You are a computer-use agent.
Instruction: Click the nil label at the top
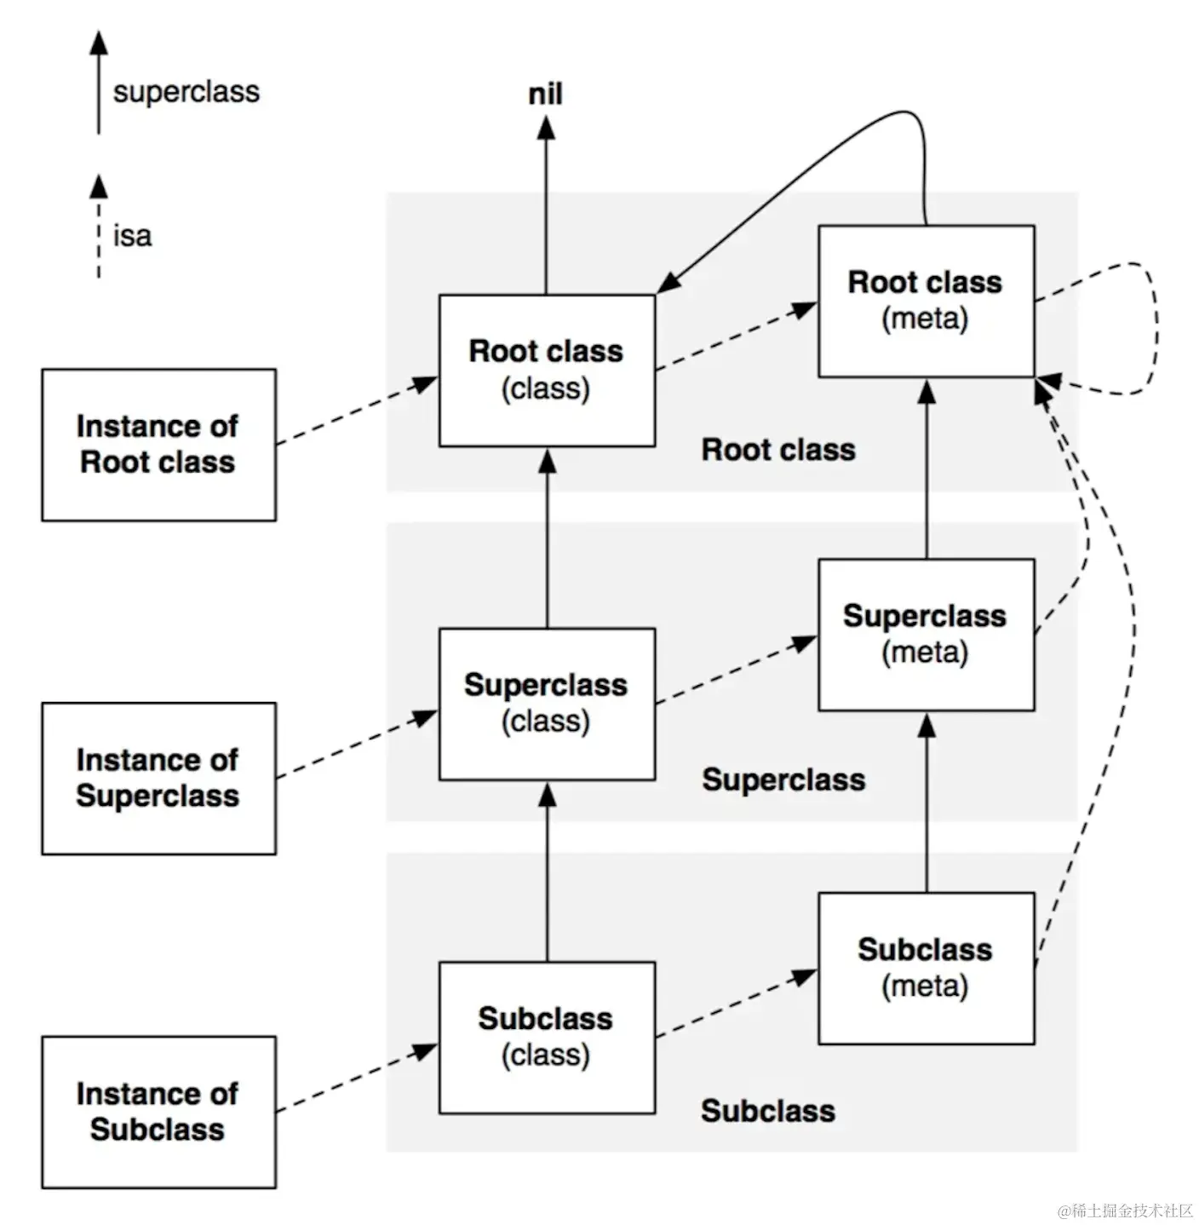(545, 94)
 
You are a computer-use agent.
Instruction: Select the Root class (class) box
(547, 370)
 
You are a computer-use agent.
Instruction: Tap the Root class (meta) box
(926, 301)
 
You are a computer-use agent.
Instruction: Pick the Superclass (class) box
(547, 704)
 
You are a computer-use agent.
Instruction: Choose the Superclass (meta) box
(926, 635)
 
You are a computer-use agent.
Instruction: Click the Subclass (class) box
(547, 1038)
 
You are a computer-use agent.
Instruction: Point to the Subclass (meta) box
(926, 969)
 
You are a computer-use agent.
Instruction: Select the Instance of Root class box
(159, 445)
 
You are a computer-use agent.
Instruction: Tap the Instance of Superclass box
(159, 778)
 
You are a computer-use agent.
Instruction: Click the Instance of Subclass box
(159, 1112)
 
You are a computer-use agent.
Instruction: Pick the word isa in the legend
(132, 236)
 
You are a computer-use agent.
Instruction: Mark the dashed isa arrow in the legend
(99, 227)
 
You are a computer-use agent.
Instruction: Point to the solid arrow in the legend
(99, 82)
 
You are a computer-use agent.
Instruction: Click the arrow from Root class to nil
(546, 204)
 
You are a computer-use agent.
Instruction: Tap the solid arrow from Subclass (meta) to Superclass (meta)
(926, 802)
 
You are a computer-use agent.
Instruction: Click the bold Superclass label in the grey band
(783, 779)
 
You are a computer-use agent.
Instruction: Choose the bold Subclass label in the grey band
(768, 1111)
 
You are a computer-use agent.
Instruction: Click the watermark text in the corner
(1125, 1210)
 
